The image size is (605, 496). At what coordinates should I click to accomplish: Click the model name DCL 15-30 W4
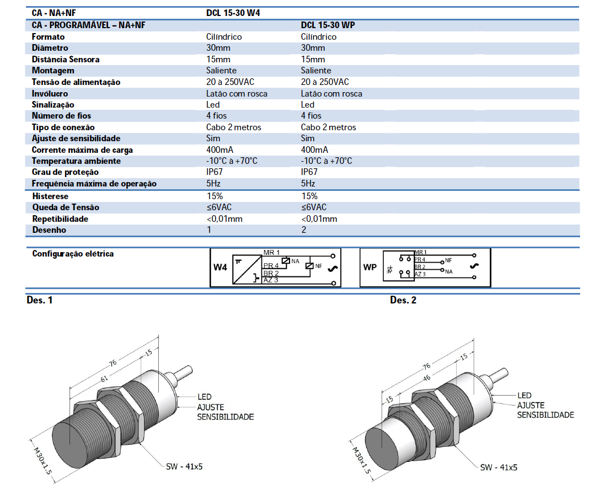click(x=233, y=13)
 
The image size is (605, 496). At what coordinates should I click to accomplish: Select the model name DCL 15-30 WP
click(x=328, y=25)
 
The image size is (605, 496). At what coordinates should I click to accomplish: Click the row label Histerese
click(x=50, y=196)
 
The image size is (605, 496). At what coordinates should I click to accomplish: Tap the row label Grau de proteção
click(x=62, y=172)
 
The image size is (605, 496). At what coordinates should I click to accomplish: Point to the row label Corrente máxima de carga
click(x=82, y=150)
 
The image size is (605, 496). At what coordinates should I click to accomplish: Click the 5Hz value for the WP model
click(x=308, y=183)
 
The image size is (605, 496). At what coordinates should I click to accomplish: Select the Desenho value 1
click(x=209, y=230)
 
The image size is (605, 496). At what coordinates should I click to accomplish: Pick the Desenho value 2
click(x=304, y=230)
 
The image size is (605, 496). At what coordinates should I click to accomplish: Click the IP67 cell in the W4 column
click(x=215, y=172)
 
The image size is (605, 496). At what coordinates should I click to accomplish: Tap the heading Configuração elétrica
click(x=73, y=254)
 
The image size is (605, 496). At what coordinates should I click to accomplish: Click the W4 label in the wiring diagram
click(x=220, y=268)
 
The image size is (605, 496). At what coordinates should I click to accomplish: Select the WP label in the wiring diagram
click(x=370, y=268)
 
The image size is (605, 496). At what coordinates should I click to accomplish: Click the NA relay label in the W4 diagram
click(x=296, y=260)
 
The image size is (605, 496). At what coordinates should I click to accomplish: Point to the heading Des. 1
click(x=40, y=300)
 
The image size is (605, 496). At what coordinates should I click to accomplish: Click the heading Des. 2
click(x=403, y=300)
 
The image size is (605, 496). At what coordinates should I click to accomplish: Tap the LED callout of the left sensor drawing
click(x=205, y=397)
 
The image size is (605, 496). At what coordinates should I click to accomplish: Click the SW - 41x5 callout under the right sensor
click(x=499, y=467)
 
